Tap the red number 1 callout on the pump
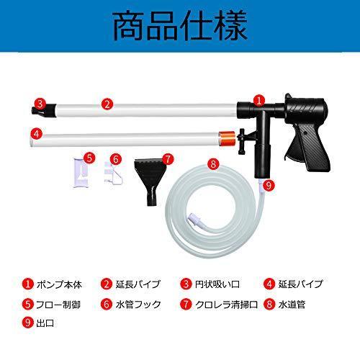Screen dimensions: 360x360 259,102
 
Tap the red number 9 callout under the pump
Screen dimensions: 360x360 268,185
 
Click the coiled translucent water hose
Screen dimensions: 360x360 216,209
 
